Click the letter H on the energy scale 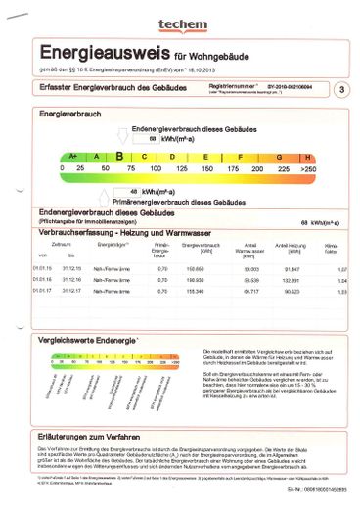(308, 157)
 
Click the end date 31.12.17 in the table (71, 291)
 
